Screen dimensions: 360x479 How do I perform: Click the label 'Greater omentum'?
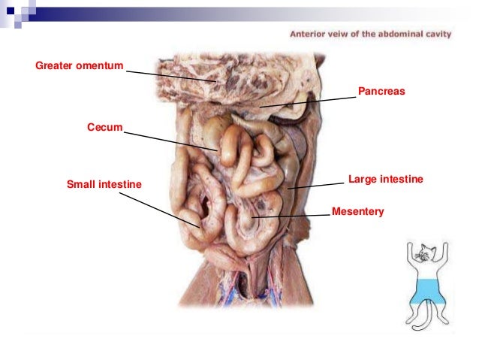[79, 67]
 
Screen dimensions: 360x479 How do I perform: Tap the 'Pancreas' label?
[381, 91]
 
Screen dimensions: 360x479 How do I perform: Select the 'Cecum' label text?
[104, 129]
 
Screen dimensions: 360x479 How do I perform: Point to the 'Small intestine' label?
[104, 183]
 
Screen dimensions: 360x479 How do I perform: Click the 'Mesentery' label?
[357, 212]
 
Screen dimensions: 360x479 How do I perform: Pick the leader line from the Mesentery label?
[293, 216]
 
